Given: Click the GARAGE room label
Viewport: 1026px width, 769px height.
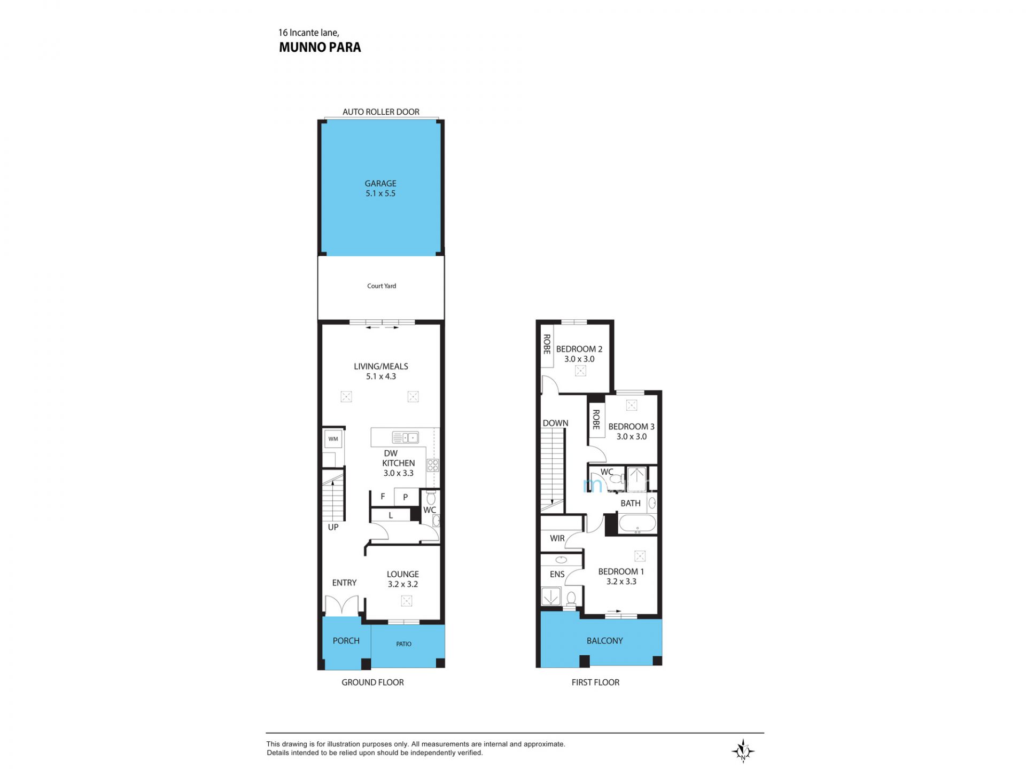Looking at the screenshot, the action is tap(380, 183).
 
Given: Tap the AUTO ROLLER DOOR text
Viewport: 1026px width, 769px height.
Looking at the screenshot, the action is tap(381, 112).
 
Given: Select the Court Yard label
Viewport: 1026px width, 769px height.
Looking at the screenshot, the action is tap(382, 286).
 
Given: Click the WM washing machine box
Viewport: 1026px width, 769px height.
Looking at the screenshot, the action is tap(333, 439).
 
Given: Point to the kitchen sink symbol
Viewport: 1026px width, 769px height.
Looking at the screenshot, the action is tap(405, 438).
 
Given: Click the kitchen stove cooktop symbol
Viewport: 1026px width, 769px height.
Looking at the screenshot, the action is tap(433, 465).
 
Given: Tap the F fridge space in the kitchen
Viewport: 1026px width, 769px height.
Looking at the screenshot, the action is tap(383, 497).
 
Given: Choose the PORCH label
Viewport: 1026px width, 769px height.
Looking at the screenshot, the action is tap(346, 641).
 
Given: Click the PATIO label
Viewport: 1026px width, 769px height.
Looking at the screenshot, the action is tap(404, 644).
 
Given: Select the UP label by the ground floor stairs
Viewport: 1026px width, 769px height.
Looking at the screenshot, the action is tap(333, 527).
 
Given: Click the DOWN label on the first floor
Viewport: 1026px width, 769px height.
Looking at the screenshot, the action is tap(556, 423).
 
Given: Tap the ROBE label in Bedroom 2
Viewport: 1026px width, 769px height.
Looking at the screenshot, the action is tap(547, 344).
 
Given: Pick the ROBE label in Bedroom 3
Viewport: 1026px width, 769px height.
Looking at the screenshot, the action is tap(596, 419).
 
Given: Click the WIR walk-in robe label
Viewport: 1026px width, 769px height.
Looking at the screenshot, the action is tap(557, 538).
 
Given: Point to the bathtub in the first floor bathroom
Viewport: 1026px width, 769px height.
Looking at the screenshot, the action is tap(637, 524).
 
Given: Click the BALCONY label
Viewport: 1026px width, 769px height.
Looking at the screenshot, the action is tap(605, 641).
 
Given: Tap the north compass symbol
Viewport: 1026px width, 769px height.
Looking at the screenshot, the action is tap(743, 751).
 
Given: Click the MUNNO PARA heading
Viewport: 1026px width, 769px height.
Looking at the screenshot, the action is tap(320, 48).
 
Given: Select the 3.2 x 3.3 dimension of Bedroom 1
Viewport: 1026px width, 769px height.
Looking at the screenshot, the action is tap(621, 582).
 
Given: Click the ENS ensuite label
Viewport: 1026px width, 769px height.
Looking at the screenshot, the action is tap(557, 574).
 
